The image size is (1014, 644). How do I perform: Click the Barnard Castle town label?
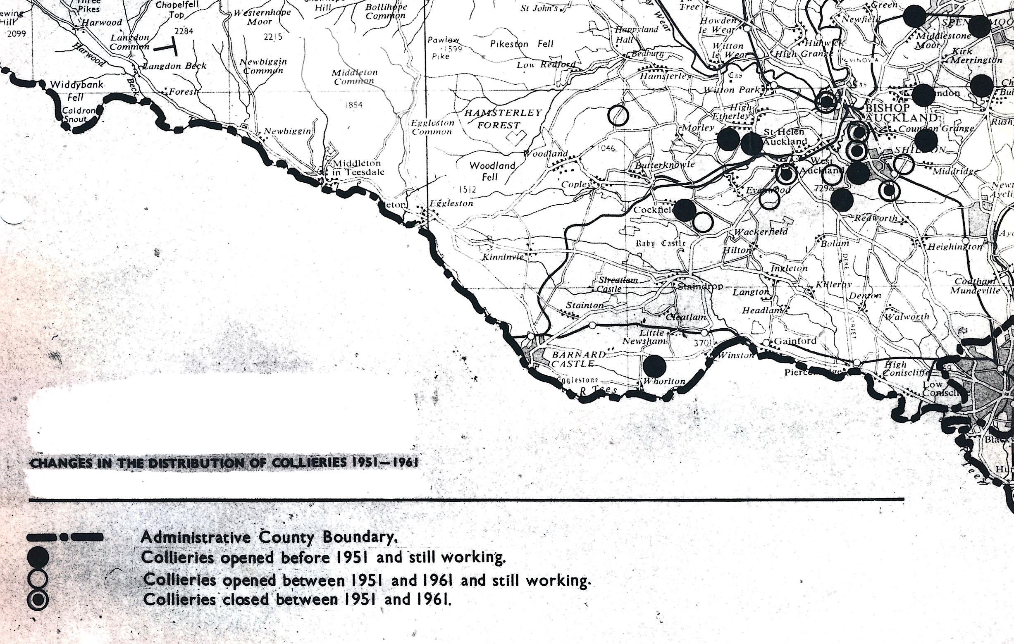click(579, 359)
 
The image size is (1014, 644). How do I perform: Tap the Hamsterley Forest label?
click(503, 119)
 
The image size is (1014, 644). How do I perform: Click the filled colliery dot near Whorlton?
click(654, 365)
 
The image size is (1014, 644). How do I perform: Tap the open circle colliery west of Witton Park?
click(618, 114)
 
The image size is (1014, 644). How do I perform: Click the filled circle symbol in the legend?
click(38, 558)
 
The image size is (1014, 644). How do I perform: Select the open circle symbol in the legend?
click(38, 579)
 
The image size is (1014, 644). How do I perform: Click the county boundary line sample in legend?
click(65, 537)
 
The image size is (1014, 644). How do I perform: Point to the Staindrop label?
click(700, 286)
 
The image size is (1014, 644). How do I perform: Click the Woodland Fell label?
click(492, 171)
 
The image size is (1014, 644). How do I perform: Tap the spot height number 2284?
click(184, 31)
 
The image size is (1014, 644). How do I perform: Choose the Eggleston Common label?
click(432, 127)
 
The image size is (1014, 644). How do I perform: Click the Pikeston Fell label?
click(522, 44)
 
